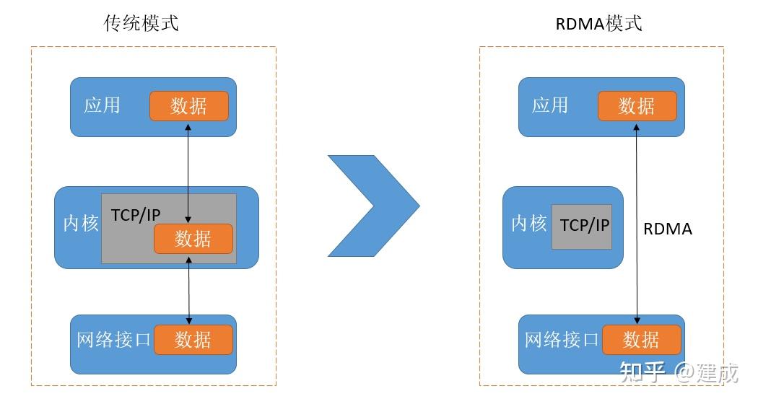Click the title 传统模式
tap(141, 23)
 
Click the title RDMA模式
tap(598, 23)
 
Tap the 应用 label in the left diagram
tap(102, 105)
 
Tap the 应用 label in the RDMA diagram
tap(550, 105)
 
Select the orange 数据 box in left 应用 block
tap(189, 106)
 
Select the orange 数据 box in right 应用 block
tap(637, 106)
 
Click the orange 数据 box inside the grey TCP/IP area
tap(193, 239)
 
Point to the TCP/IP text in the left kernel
tap(136, 215)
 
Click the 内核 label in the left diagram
tap(80, 224)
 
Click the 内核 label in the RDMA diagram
tap(528, 224)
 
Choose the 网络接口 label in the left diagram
tap(113, 339)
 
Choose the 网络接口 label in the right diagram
tap(562, 339)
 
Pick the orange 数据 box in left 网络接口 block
tap(193, 339)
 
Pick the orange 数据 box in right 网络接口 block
tap(641, 339)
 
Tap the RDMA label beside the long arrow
tap(667, 229)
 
